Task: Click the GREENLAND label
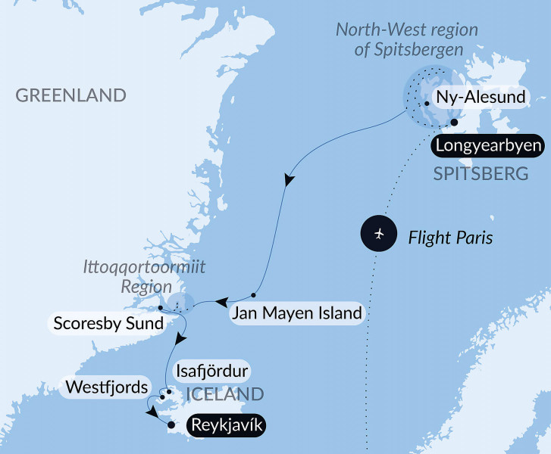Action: [70, 95]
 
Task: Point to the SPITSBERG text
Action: [481, 174]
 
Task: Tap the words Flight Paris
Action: [450, 238]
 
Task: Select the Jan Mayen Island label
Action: [296, 313]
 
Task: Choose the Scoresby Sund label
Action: [108, 325]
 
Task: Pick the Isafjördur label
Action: [211, 372]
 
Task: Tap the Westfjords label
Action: [106, 387]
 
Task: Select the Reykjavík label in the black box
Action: [228, 425]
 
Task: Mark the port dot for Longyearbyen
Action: [454, 123]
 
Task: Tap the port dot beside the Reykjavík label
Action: [172, 425]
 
